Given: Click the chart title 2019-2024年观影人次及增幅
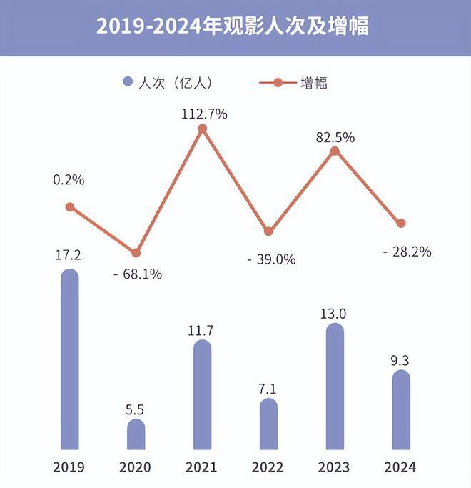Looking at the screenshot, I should coord(235,27).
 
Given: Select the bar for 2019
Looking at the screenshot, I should coord(69,361).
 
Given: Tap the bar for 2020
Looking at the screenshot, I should coord(136,436).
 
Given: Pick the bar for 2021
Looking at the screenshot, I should coord(202,396).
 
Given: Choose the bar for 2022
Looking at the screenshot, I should coord(268,425).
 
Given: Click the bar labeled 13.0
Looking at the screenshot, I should coord(334,388).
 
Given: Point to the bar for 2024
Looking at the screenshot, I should coord(401,411).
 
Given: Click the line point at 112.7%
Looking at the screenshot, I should coord(202,129).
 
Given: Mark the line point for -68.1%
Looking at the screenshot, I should coord(136,252).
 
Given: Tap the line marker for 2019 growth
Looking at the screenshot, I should coord(69,206).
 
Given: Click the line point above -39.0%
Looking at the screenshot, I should coord(268,231).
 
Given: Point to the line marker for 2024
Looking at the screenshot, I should coord(401,223).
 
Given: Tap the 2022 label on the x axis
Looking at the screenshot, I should coord(268,467).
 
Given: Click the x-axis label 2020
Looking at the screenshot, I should coord(136,467).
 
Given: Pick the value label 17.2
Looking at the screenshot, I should coord(69,254).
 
